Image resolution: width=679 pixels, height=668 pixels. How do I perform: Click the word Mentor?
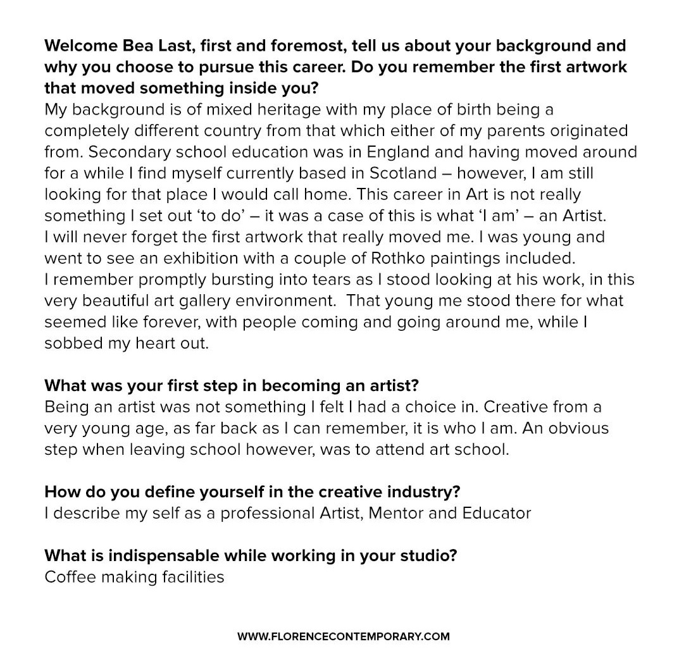tap(395, 512)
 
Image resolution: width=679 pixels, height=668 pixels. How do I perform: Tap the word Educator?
tap(494, 512)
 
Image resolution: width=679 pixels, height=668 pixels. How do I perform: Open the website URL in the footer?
tap(344, 636)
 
